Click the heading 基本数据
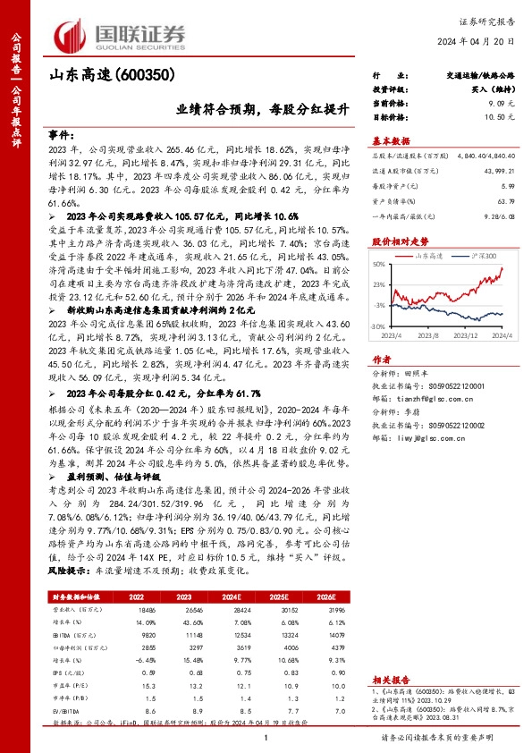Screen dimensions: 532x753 coord(390,140)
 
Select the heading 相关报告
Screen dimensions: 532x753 coord(390,680)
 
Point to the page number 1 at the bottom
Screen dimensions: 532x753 coord(266,738)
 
